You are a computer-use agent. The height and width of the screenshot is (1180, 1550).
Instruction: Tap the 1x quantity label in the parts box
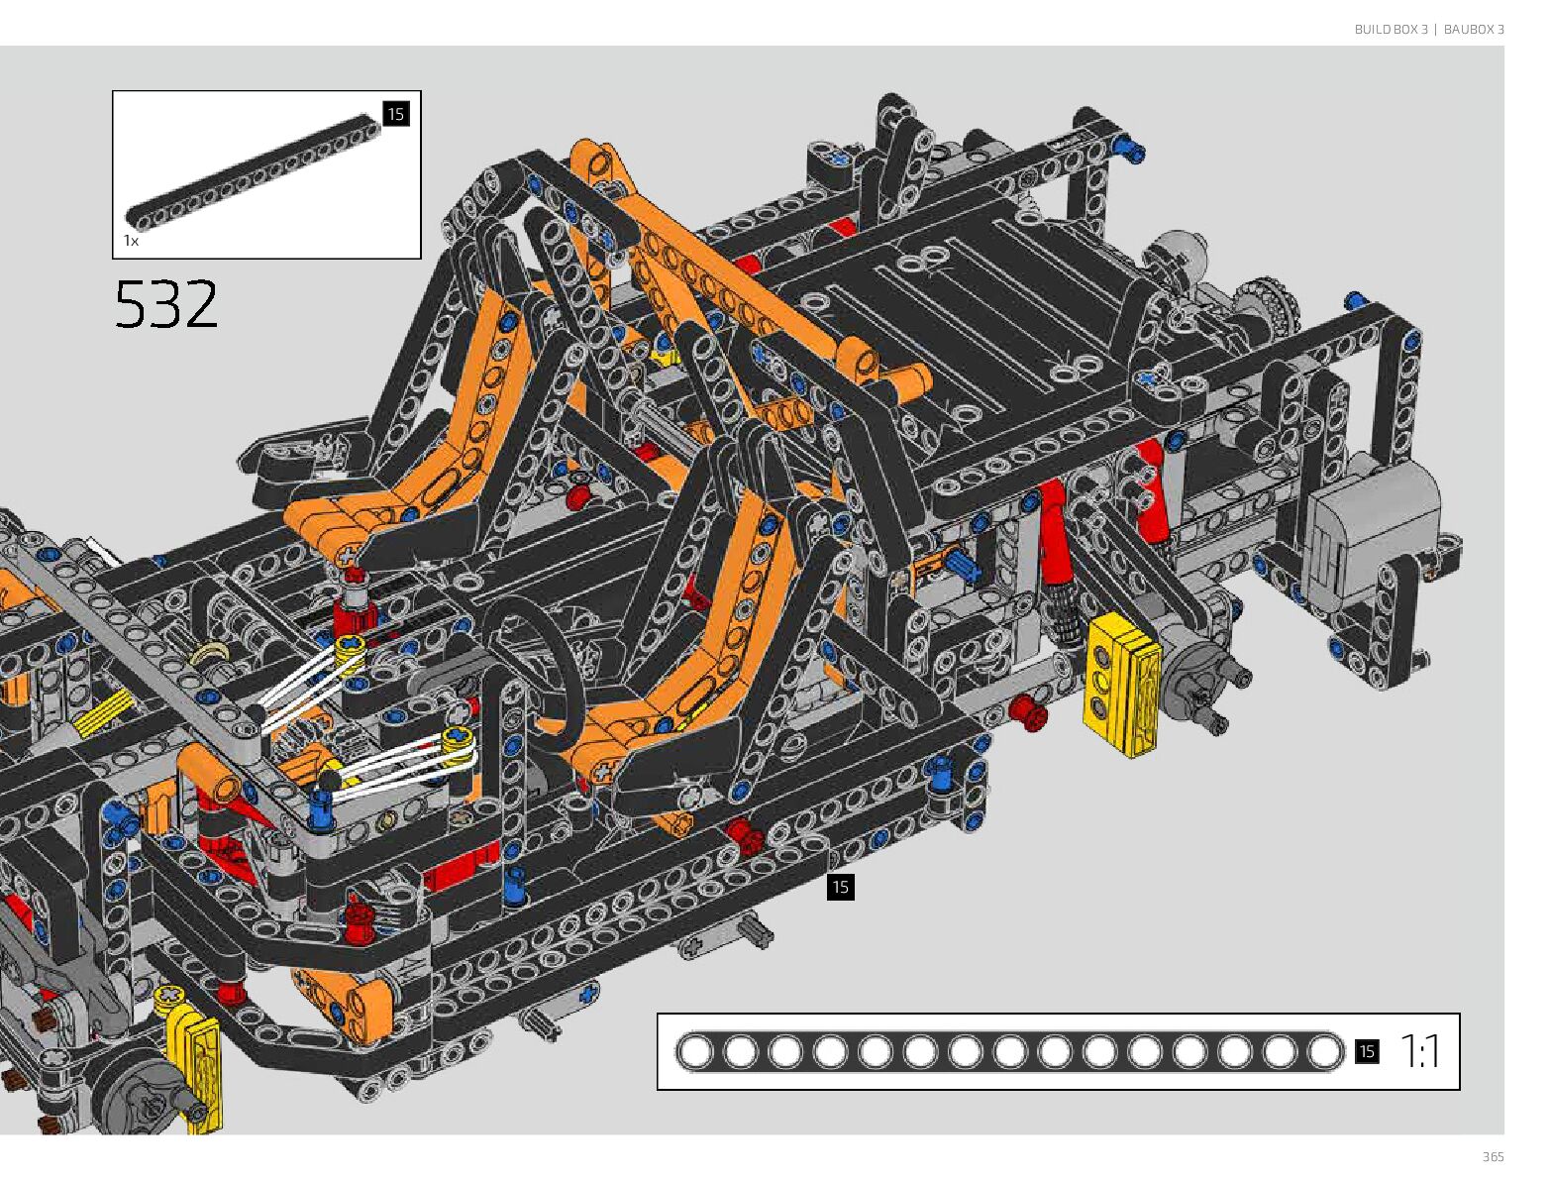pyautogui.click(x=132, y=241)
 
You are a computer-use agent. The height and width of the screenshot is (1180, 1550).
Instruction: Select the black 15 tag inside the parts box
pyautogui.click(x=395, y=114)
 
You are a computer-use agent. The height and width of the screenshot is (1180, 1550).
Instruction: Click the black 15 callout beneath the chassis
pyautogui.click(x=840, y=887)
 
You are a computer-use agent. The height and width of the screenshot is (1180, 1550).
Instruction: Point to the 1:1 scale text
pyautogui.click(x=1419, y=1051)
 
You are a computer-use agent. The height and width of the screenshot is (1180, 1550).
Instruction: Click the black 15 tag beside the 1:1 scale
pyautogui.click(x=1367, y=1051)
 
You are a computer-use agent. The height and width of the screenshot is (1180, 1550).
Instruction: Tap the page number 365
pyautogui.click(x=1493, y=1156)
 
